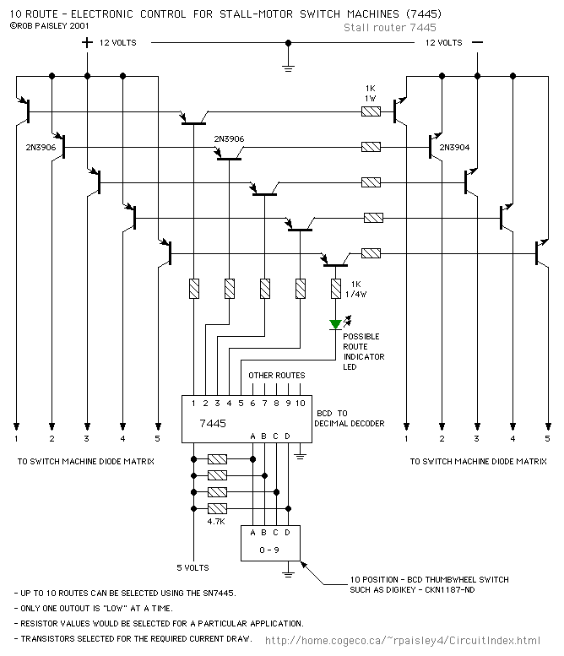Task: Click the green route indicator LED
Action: tap(336, 324)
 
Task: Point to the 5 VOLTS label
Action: tap(193, 567)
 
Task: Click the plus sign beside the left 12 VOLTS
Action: tap(87, 41)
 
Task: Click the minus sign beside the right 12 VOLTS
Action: tap(478, 41)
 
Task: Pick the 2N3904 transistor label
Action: tap(454, 146)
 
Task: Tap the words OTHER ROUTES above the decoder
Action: tap(276, 375)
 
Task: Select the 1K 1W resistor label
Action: tap(370, 94)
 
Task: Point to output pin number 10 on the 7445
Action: tap(300, 404)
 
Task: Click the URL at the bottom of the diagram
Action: tap(403, 641)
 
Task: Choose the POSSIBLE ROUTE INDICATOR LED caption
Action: tap(363, 351)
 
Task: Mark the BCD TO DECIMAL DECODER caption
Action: tap(349, 418)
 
